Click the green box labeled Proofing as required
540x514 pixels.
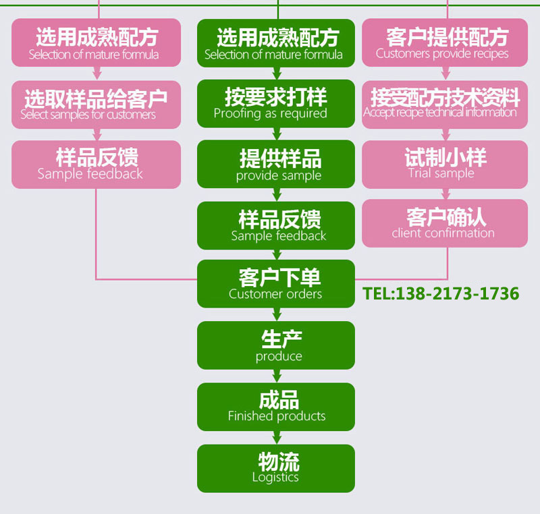click(275, 103)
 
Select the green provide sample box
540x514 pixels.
click(275, 164)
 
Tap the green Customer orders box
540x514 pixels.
click(275, 284)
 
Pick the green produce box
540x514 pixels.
click(275, 345)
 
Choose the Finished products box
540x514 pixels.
click(275, 407)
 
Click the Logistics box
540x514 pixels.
click(275, 468)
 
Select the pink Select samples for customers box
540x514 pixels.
click(96, 105)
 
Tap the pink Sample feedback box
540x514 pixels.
click(96, 164)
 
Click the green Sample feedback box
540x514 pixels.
click(275, 225)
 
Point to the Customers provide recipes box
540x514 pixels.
click(444, 42)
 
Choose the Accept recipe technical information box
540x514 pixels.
click(444, 103)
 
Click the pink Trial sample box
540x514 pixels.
click(444, 164)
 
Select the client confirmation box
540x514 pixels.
click(444, 223)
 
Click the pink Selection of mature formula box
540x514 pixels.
click(96, 42)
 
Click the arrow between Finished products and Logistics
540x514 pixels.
click(276, 438)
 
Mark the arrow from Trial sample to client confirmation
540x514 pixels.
click(445, 194)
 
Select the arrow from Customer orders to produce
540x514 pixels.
click(276, 314)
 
